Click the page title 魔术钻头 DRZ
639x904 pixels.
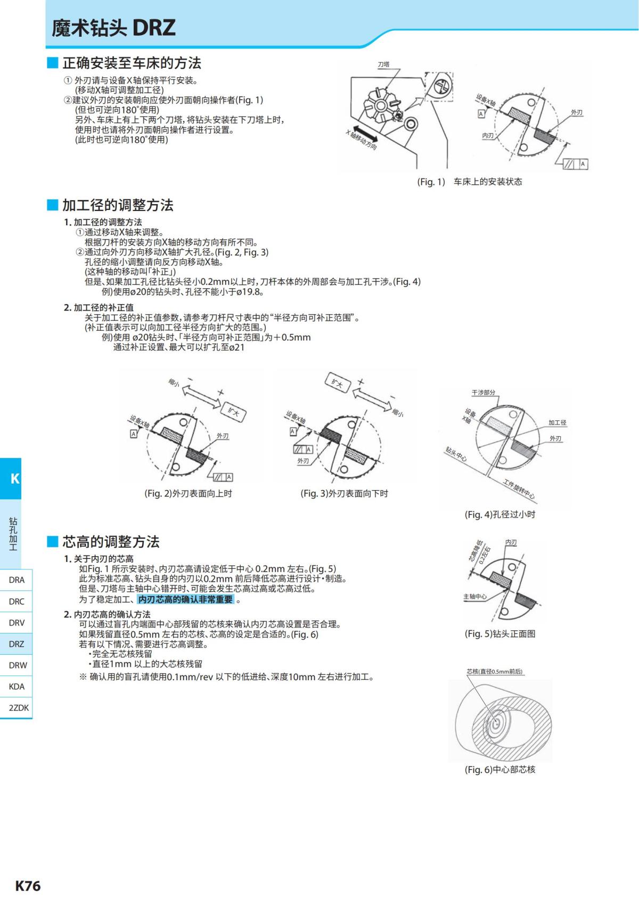coord(113,28)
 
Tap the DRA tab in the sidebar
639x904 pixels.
coord(17,580)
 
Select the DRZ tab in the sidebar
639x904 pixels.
coord(17,644)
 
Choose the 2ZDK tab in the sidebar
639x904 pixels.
coord(19,707)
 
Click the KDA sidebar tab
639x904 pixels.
coord(17,686)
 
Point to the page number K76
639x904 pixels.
coord(28,885)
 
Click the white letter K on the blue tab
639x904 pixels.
coord(14,478)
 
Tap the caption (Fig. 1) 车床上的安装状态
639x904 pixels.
coord(469,182)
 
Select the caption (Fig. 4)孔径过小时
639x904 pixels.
coord(499,514)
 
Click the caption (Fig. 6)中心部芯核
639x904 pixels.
coord(499,769)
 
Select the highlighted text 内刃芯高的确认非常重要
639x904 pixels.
coord(186,599)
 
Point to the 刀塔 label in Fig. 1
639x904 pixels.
coord(383,64)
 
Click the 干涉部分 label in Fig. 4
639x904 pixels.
coord(483,393)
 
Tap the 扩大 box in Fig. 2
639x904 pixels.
coord(233,412)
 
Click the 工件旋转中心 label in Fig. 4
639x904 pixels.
coord(519,489)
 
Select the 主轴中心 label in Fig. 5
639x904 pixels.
coord(474,597)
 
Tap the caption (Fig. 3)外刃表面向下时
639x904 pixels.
coord(344,493)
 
